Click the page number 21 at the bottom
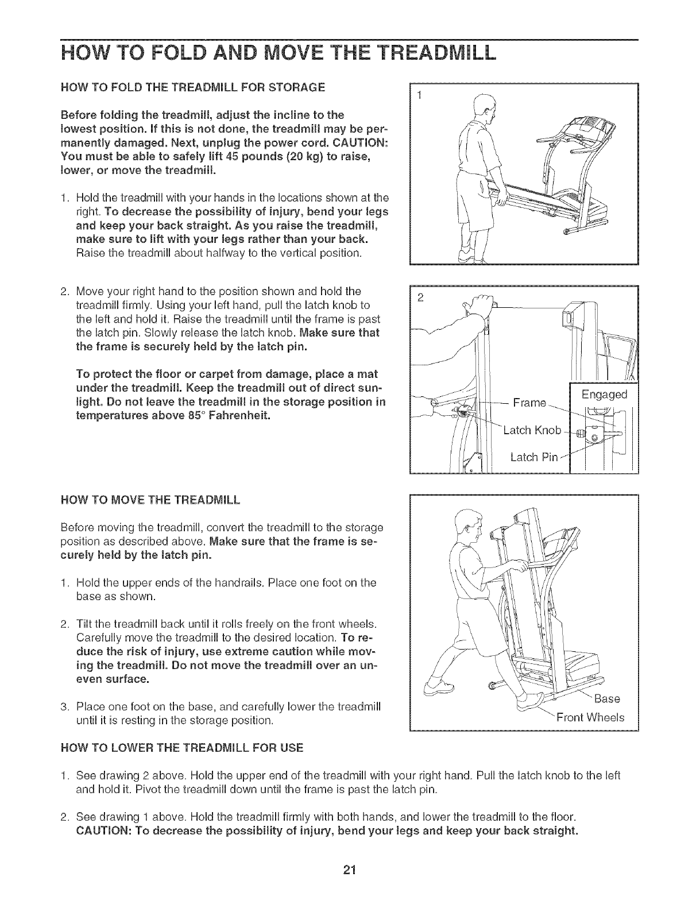coord(347,870)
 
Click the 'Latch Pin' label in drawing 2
coord(533,457)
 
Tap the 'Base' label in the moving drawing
coord(606,698)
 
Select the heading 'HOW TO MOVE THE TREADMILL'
coord(150,499)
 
